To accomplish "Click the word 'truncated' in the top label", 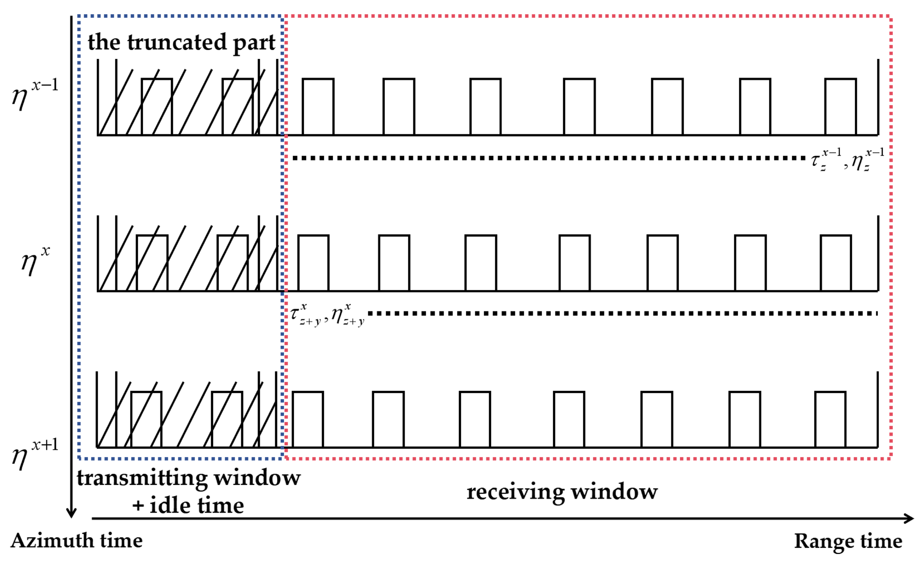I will point(177,42).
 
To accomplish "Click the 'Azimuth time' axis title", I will point(76,541).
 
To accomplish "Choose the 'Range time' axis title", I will point(848,541).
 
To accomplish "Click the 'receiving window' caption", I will point(562,492).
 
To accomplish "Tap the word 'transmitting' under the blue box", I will point(142,479).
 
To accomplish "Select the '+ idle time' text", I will point(188,505).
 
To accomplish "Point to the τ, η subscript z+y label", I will point(327,315).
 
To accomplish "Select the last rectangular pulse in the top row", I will point(840,107).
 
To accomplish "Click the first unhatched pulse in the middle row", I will point(314,263).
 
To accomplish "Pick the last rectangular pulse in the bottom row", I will point(830,420).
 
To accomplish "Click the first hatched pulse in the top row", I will point(157,107).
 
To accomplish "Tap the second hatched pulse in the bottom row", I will point(227,420).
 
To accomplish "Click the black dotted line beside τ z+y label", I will point(622,314).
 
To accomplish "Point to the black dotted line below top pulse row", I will point(547,158).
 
